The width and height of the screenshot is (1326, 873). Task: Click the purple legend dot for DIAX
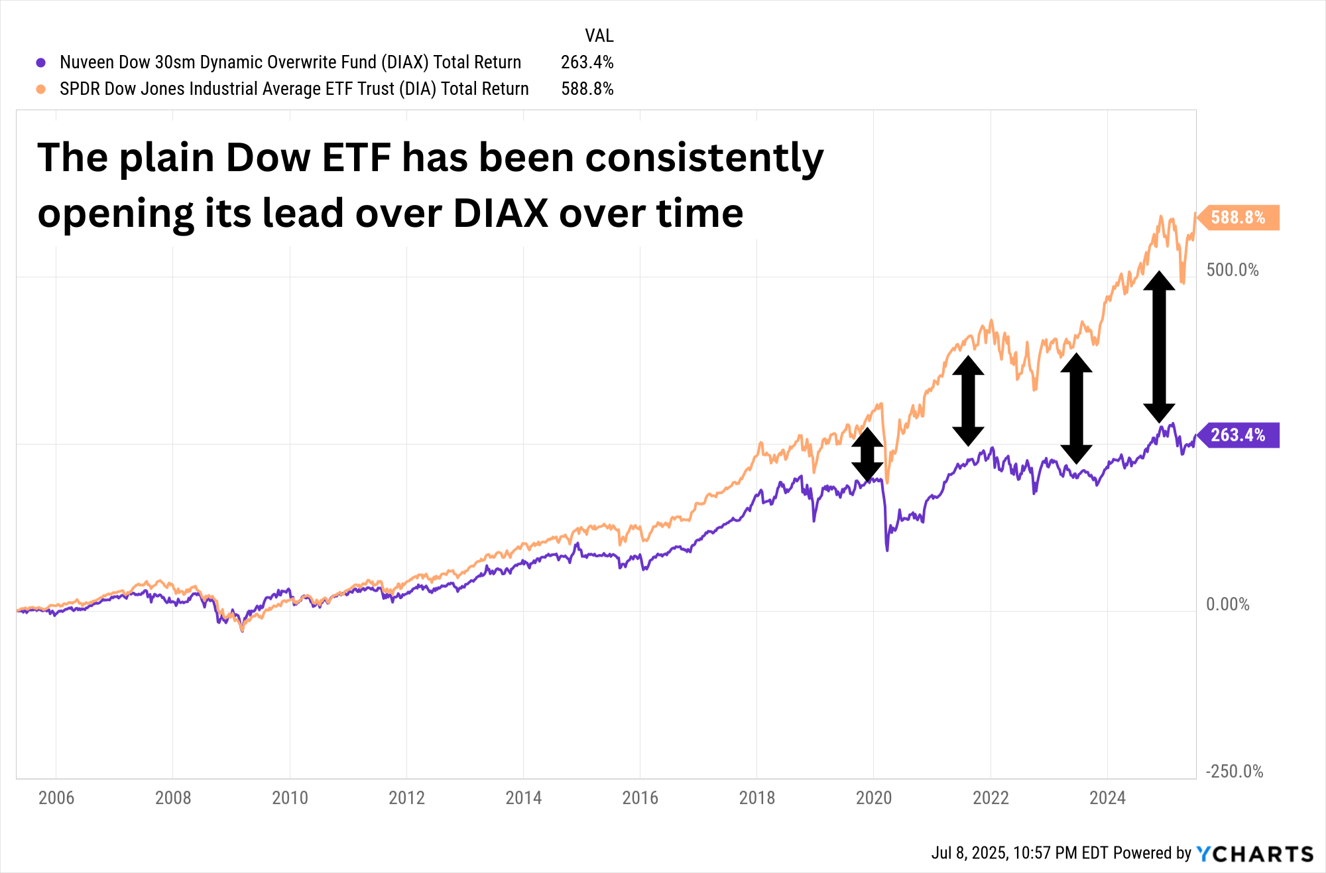[41, 62]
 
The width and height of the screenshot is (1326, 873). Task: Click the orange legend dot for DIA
[41, 89]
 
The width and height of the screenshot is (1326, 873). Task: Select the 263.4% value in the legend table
[587, 62]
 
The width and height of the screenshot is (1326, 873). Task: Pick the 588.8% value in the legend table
[587, 89]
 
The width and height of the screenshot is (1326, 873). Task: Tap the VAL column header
[599, 36]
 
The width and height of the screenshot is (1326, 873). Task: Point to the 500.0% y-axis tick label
[1232, 270]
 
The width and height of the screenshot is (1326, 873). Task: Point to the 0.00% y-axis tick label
[1227, 604]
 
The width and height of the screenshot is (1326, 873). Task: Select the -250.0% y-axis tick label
[1234, 772]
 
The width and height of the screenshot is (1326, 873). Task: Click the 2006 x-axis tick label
[56, 797]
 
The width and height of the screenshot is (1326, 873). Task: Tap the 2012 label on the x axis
[406, 797]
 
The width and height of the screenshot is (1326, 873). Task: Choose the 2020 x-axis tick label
[873, 797]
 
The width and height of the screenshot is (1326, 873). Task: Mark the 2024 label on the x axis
[1107, 797]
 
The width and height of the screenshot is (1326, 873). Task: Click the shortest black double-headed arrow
[867, 454]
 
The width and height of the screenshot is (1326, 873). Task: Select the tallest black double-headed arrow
[1159, 347]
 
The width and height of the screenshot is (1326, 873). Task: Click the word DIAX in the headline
[501, 214]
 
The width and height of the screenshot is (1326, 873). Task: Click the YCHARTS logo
[1254, 853]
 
